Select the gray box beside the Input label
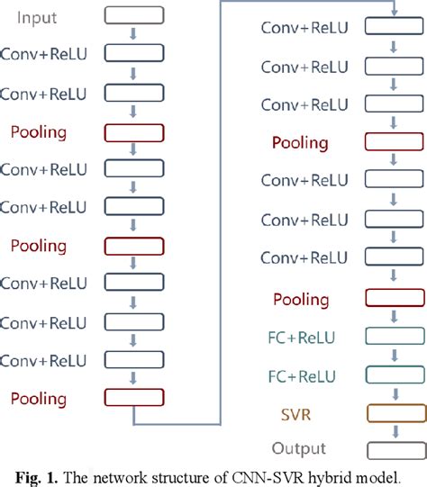tap(134, 15)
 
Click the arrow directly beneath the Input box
tap(134, 34)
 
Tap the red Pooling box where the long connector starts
tap(134, 397)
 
